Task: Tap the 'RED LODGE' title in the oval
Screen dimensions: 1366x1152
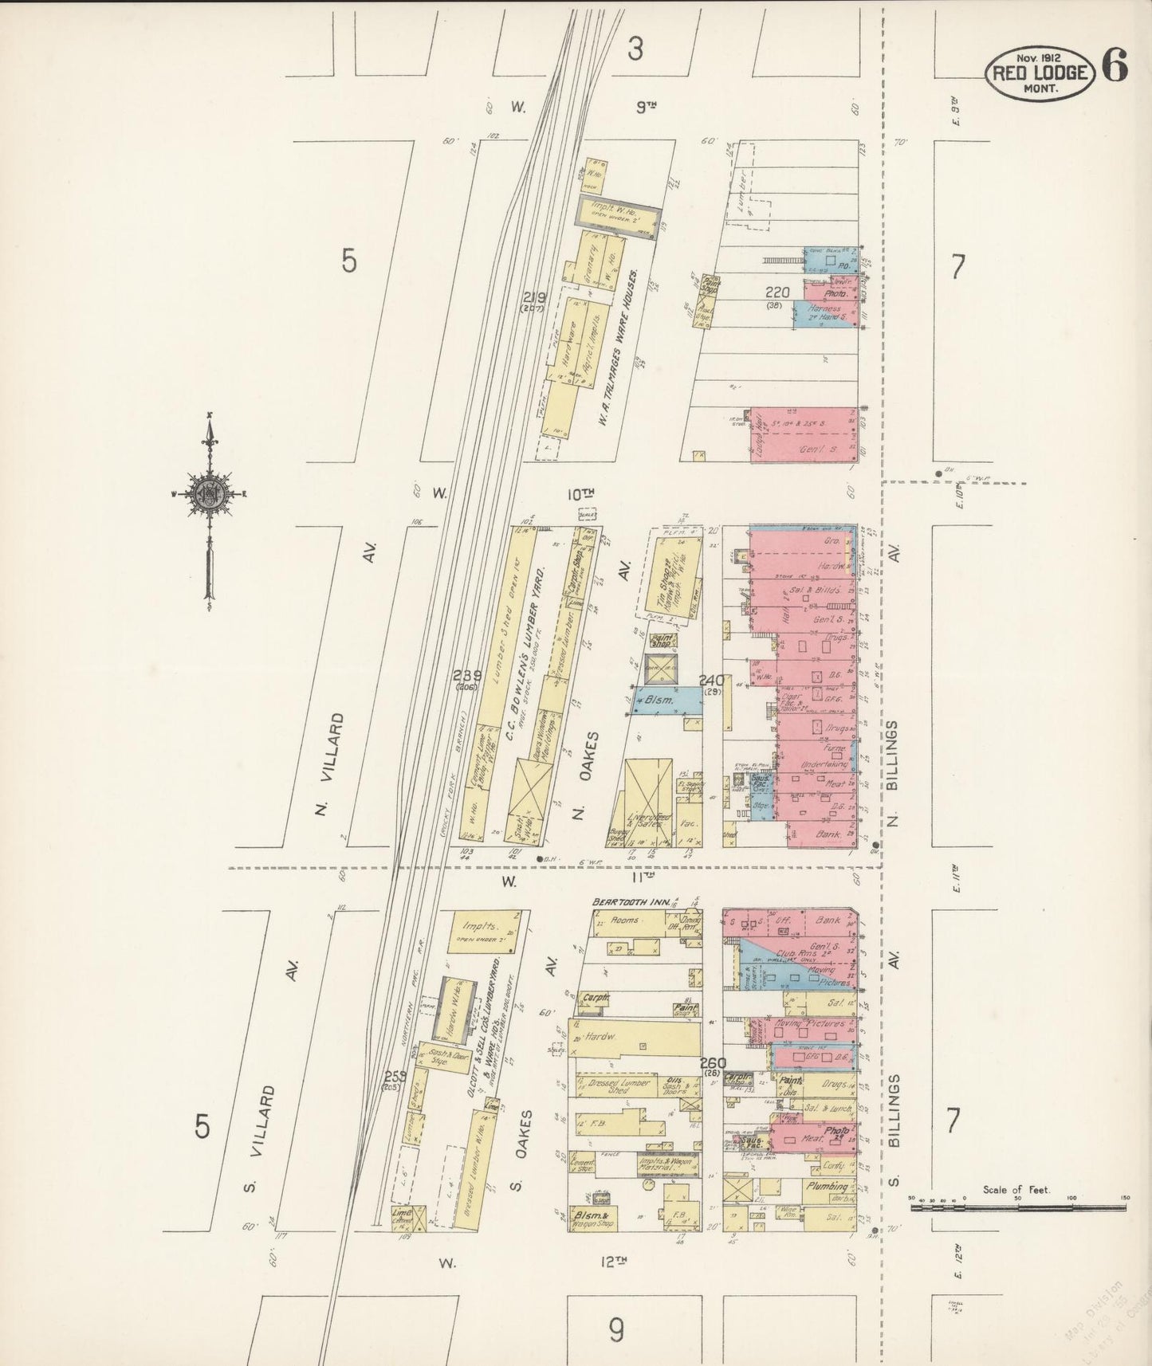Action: click(1039, 73)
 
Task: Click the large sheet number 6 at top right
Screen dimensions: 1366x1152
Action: click(1115, 65)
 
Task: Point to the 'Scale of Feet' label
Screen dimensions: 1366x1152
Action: click(1016, 1190)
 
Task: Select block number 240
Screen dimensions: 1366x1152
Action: click(710, 680)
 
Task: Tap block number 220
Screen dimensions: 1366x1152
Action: click(777, 292)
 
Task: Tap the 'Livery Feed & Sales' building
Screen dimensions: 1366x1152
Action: click(647, 818)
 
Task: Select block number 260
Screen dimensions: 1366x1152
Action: click(713, 1063)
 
